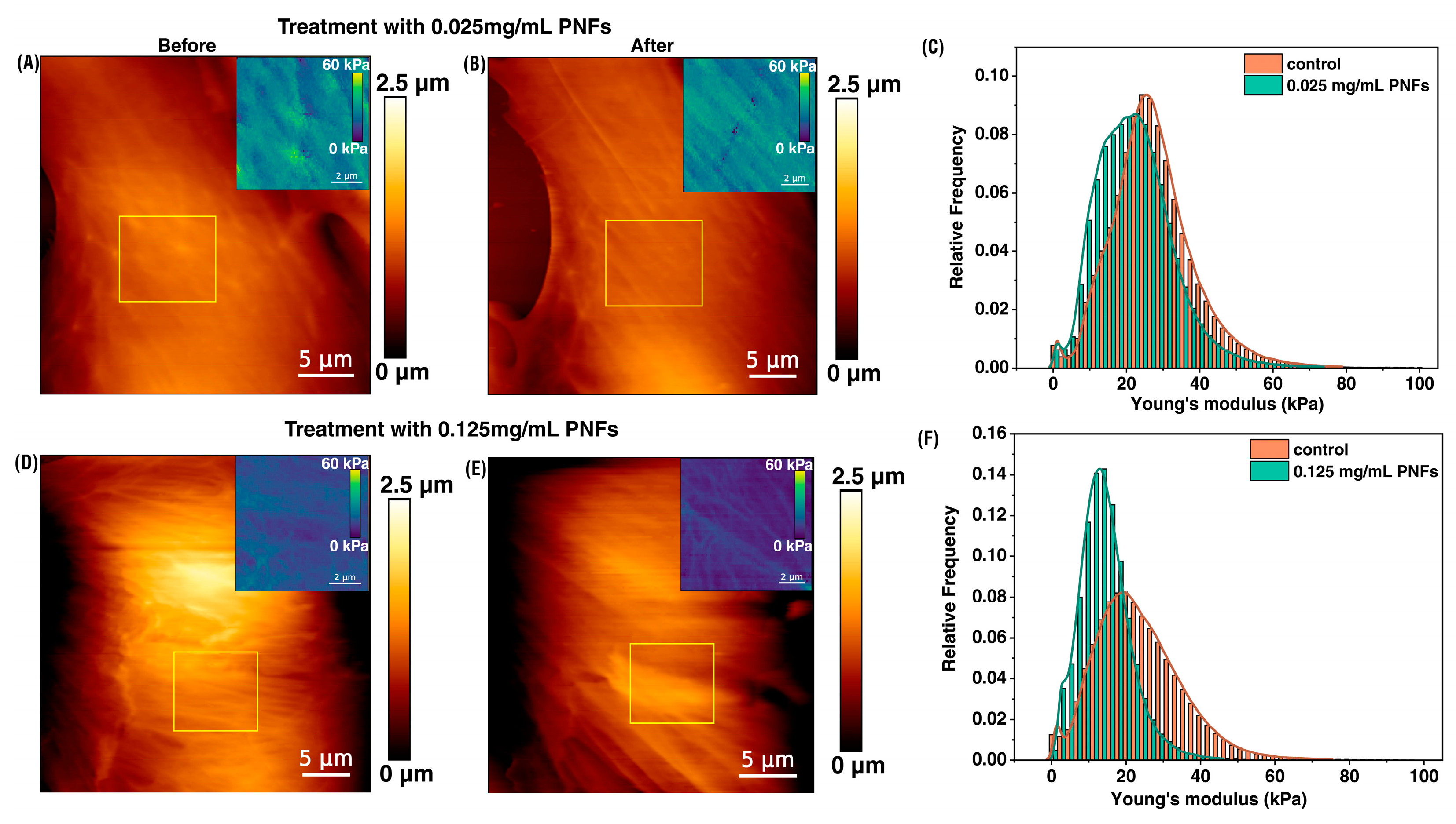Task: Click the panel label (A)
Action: click(x=28, y=63)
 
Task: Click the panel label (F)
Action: click(x=928, y=439)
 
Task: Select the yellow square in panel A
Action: click(x=167, y=259)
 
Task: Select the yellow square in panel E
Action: click(x=672, y=683)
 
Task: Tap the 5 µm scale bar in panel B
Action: click(x=772, y=375)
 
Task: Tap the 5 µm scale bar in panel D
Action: click(x=326, y=773)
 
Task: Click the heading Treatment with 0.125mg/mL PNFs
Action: click(x=451, y=429)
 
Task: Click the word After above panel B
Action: click(x=652, y=45)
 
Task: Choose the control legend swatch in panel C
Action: click(x=1262, y=63)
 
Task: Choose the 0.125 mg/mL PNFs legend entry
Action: click(x=1365, y=471)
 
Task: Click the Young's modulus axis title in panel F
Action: click(x=1209, y=798)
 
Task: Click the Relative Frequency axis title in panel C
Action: click(x=956, y=207)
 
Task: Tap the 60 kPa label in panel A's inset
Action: click(x=345, y=65)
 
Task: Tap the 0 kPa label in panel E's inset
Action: click(x=792, y=546)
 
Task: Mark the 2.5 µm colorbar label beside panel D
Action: click(x=416, y=485)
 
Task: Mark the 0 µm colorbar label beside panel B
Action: click(x=853, y=373)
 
